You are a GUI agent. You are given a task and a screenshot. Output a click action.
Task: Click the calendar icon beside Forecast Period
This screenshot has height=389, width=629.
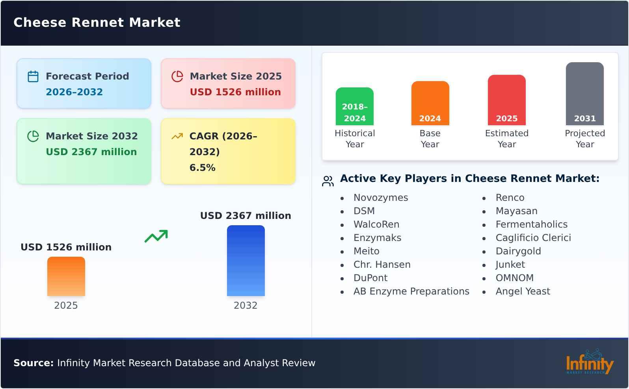point(33,76)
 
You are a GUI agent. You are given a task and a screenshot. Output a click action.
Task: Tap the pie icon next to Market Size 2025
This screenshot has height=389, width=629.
point(177,76)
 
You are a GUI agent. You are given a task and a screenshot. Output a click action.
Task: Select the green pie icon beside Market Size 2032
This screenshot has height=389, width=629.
point(33,136)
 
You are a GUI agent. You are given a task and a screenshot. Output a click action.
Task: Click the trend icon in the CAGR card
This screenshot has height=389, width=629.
point(177,136)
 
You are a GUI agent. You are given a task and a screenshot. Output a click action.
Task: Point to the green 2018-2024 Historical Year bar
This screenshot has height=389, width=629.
point(355,106)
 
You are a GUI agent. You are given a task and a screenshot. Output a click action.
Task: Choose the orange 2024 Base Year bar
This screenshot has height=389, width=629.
point(430,103)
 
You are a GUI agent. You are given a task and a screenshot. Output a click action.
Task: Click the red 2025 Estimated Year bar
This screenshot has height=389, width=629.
point(507,100)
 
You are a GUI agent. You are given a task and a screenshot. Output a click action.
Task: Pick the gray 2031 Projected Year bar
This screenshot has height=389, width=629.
point(585,94)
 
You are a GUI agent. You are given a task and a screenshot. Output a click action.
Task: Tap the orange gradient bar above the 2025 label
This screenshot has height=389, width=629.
point(66,276)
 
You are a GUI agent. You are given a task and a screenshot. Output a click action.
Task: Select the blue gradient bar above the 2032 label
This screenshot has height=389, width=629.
point(246,261)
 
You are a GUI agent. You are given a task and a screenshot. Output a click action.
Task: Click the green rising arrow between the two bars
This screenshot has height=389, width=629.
point(156,236)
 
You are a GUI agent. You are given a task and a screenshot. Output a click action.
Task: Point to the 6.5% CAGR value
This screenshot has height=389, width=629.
point(203,168)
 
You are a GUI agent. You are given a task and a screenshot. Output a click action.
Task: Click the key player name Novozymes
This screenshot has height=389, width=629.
point(381,197)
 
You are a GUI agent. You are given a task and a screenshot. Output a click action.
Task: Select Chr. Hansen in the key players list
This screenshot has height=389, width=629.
point(382,265)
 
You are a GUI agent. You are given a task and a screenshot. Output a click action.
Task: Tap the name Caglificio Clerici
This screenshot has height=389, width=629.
point(533,238)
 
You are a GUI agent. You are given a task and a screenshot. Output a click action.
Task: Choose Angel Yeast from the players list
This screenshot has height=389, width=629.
point(523,291)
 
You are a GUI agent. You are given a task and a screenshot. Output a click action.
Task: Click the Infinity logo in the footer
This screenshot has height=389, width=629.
point(590,362)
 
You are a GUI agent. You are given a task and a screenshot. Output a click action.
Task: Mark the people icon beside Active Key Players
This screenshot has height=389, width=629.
point(328,181)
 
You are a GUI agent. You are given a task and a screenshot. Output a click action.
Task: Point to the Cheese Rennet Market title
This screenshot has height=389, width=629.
point(97,22)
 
